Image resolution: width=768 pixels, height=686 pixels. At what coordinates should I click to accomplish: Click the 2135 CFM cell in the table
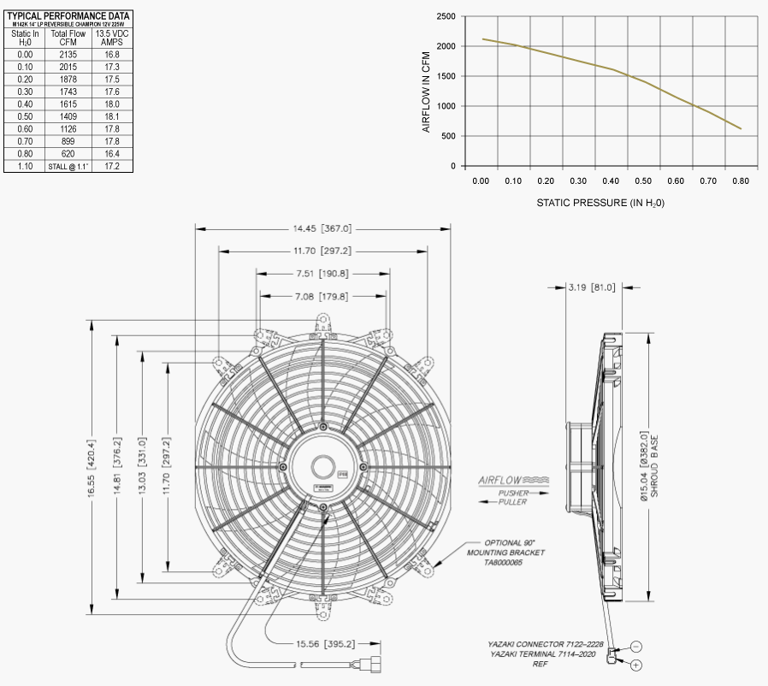(x=68, y=53)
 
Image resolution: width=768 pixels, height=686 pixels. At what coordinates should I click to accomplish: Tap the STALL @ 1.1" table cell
(x=68, y=167)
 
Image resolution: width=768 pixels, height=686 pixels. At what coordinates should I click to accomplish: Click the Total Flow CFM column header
(x=68, y=38)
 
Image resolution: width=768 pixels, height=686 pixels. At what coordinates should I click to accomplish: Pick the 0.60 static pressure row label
(x=26, y=129)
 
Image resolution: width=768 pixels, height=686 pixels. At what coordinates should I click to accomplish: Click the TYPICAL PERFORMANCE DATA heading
(x=68, y=15)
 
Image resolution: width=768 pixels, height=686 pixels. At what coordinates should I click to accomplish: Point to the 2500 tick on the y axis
(x=445, y=16)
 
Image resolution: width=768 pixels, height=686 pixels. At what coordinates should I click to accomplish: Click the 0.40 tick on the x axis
(x=611, y=181)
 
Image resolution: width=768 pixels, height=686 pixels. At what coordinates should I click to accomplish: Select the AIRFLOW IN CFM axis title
(x=426, y=92)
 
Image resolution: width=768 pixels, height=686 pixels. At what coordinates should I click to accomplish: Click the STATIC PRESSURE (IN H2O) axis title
(x=600, y=204)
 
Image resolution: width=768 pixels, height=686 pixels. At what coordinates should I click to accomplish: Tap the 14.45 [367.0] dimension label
(x=322, y=229)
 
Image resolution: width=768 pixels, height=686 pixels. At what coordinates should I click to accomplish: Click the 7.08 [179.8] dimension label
(x=322, y=296)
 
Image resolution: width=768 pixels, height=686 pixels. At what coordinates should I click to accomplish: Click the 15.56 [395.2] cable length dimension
(x=326, y=643)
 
